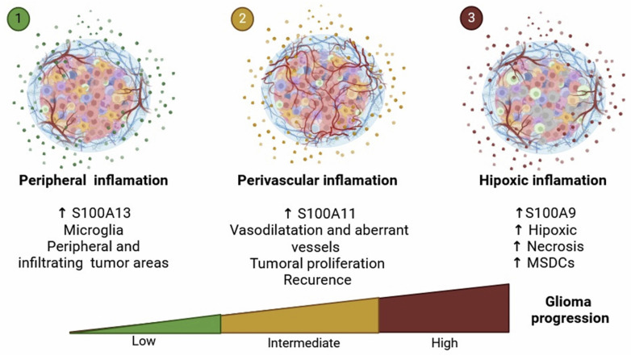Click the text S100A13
pos(112,215)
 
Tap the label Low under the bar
pos(143,341)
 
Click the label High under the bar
pos(444,343)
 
